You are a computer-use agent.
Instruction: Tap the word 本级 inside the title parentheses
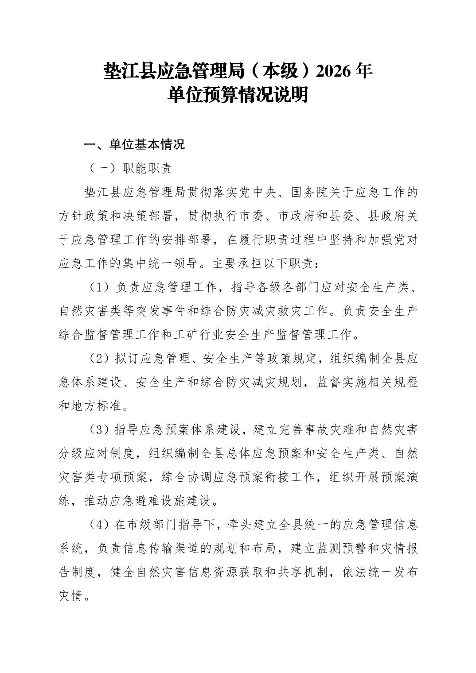click(x=277, y=71)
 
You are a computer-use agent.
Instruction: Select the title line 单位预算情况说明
click(x=238, y=95)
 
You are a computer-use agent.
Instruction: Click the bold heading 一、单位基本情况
click(x=134, y=145)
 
